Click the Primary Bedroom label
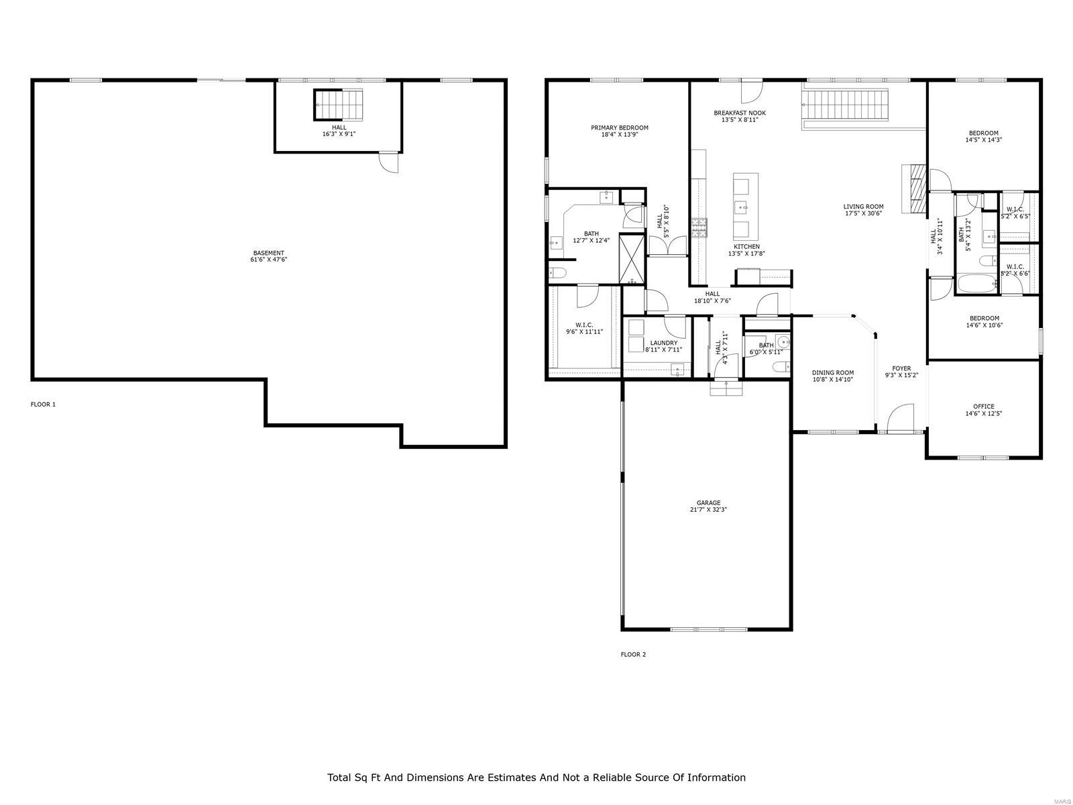click(619, 127)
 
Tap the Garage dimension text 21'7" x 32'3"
click(708, 510)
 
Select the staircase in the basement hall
click(338, 105)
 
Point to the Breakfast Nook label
click(739, 113)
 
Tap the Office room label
click(984, 407)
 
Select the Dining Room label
click(832, 373)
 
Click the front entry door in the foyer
click(900, 419)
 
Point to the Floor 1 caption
click(44, 405)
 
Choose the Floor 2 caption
click(633, 655)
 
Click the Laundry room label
click(663, 343)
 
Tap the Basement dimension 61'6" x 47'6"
click(268, 260)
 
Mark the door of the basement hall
click(388, 162)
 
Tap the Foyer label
click(901, 368)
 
